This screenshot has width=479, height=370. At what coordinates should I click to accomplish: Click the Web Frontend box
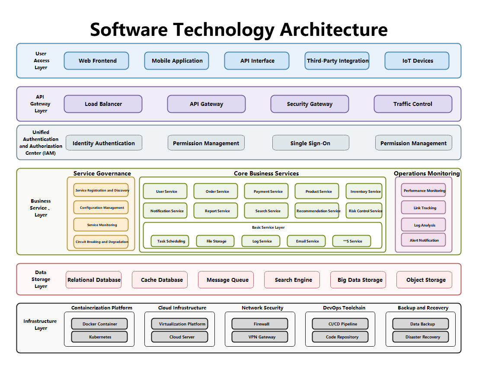point(96,61)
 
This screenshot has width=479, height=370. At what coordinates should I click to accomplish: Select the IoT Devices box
point(417,61)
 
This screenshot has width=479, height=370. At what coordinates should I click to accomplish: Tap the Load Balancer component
point(103,104)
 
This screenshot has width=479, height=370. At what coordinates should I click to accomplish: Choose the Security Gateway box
point(310,104)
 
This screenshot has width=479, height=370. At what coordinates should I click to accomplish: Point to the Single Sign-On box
point(310,143)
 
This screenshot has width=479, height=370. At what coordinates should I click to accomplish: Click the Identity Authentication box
point(104,143)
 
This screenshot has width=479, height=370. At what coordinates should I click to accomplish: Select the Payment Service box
point(268,191)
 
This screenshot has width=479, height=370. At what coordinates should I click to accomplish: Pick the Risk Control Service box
point(364,211)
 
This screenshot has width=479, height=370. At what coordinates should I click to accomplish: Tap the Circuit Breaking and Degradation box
point(101,242)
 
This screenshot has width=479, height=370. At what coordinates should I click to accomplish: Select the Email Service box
point(307,241)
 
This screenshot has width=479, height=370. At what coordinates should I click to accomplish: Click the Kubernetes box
point(99,337)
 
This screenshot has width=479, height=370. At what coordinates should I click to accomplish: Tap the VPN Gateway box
point(260,337)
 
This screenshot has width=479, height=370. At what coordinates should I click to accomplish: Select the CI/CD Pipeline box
point(340,324)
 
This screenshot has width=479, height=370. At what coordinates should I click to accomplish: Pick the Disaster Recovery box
point(421,337)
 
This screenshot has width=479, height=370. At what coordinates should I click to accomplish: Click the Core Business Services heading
point(266,173)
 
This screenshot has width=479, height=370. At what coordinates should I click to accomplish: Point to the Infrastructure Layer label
point(40,325)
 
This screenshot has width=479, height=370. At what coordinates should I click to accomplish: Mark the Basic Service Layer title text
point(268,227)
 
